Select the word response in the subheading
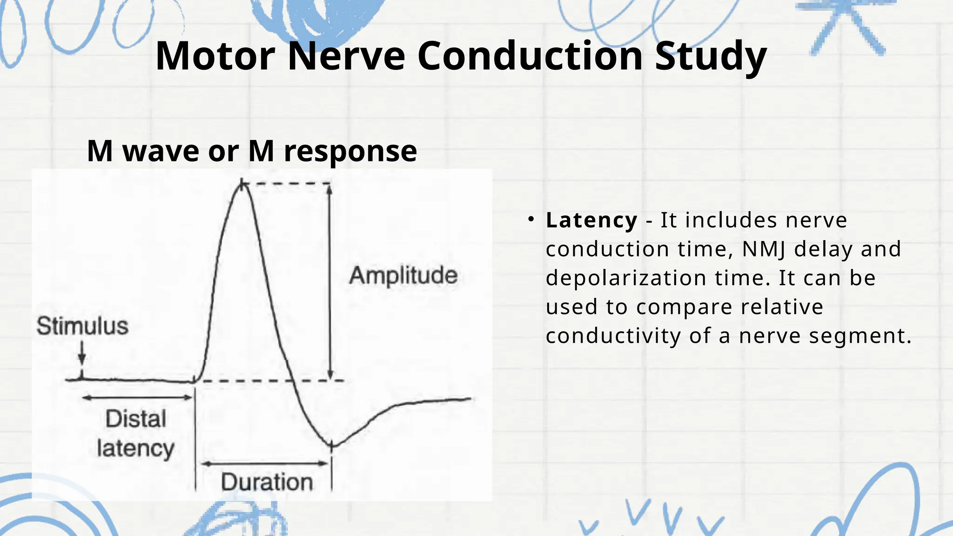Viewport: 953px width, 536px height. (350, 151)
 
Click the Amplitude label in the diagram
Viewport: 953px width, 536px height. (403, 275)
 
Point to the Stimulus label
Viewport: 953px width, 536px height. (82, 326)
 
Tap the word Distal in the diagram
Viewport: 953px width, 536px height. (135, 419)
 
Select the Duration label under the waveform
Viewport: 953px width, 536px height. (266, 482)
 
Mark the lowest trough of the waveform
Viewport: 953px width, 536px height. (332, 446)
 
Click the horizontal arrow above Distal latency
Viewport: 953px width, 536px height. (137, 397)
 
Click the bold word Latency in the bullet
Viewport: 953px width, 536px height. (591, 220)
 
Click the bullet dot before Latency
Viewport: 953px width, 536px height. (530, 219)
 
